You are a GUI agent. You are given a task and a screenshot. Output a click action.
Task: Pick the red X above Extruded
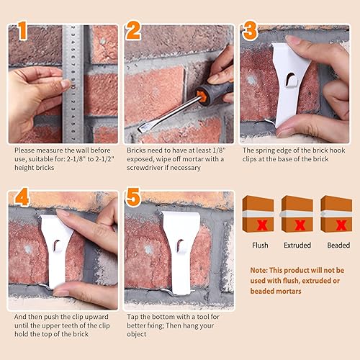pos(297,224)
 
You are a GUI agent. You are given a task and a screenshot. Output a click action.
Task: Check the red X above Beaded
pos(336,224)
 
